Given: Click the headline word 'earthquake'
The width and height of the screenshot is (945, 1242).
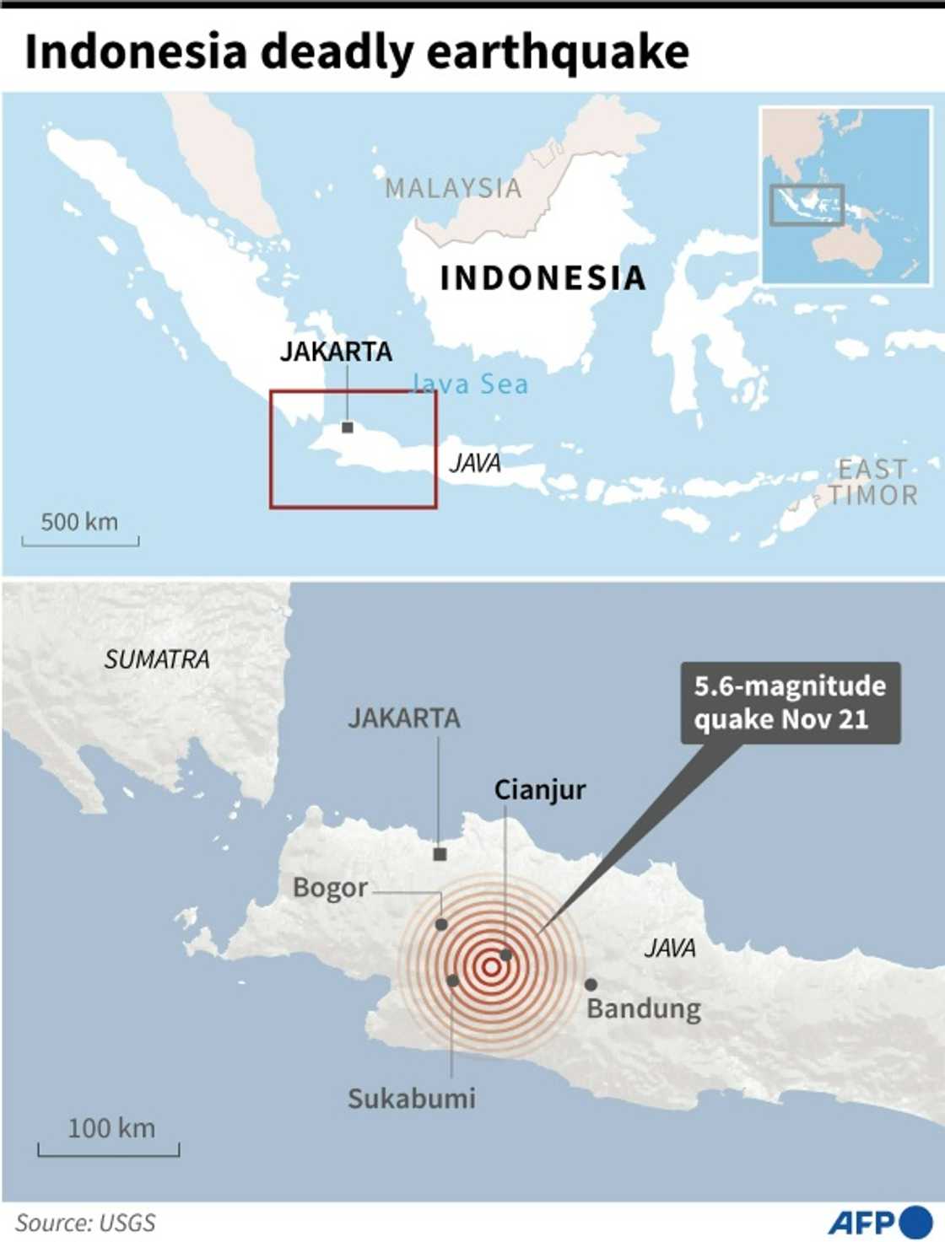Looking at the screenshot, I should point(557,52).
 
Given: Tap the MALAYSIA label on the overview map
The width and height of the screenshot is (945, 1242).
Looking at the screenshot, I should point(453,188).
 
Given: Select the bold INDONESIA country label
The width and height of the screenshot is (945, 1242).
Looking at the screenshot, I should point(543,278).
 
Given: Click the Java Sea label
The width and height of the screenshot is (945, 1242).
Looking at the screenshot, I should point(470,384).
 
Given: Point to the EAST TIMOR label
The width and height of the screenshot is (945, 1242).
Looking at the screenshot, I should point(872,481).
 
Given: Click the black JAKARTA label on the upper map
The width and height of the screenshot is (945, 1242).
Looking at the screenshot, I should point(336,352).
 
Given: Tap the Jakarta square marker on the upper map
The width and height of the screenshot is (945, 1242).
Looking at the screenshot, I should point(348,427).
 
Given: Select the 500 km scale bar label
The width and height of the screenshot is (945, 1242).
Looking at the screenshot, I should point(79,522).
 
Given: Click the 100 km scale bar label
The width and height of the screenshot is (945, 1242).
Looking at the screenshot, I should point(111,1128).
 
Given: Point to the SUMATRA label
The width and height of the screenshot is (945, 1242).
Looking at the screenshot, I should point(157,659).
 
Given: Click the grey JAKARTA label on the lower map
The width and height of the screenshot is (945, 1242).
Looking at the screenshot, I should point(404,718).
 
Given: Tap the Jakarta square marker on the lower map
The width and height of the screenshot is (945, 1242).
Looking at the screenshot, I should point(440,855).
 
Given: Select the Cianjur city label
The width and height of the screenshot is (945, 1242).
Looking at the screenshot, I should point(539,790).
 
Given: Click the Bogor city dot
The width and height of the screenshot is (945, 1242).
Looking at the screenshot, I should point(441,925).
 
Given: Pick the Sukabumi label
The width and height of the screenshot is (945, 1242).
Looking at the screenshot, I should point(412,1099).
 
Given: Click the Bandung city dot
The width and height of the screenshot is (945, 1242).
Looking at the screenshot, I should point(591,984).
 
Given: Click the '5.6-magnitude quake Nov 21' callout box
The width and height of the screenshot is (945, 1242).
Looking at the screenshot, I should point(790,702).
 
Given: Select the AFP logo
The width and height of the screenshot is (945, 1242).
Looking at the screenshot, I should point(878,1222).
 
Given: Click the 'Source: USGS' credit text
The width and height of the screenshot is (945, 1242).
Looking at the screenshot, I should point(85,1223).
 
